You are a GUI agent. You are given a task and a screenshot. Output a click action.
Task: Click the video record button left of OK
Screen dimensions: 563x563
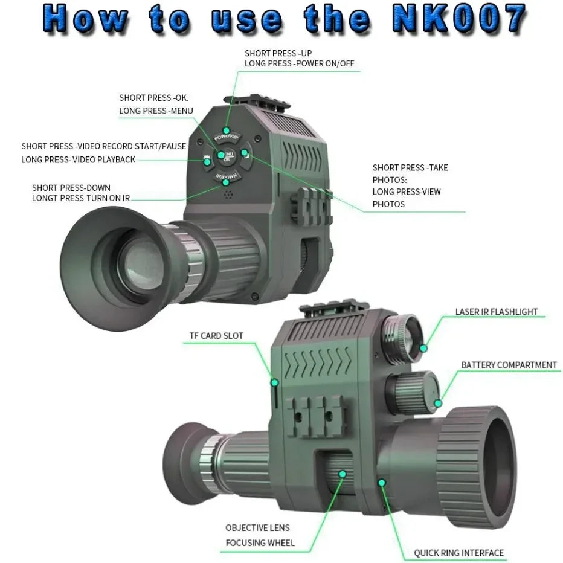coord(207,159)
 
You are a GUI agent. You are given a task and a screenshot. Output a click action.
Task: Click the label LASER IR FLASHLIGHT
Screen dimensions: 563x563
coord(496,312)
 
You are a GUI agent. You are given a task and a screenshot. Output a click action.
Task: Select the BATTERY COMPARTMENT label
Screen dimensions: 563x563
coord(509,365)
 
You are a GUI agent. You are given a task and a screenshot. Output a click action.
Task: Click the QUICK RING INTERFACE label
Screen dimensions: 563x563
coord(458,552)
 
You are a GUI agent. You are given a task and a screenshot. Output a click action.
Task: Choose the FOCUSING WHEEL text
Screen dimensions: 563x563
coord(260,542)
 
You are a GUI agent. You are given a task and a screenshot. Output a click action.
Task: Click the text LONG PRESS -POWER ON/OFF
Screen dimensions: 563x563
coord(288,63)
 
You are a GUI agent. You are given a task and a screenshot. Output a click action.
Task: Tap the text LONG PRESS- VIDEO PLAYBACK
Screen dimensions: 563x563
coord(79,159)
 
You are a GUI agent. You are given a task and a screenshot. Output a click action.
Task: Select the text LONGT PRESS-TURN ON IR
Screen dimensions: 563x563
coord(80,198)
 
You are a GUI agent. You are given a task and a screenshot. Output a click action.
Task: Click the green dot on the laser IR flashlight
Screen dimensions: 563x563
coord(424,347)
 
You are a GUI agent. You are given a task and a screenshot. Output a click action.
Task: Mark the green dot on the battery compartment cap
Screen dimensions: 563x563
coord(438,402)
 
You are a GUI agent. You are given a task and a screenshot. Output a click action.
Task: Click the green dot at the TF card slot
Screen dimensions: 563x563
coord(274,382)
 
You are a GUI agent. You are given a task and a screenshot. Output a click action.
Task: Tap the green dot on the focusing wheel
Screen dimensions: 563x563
coord(342,474)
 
